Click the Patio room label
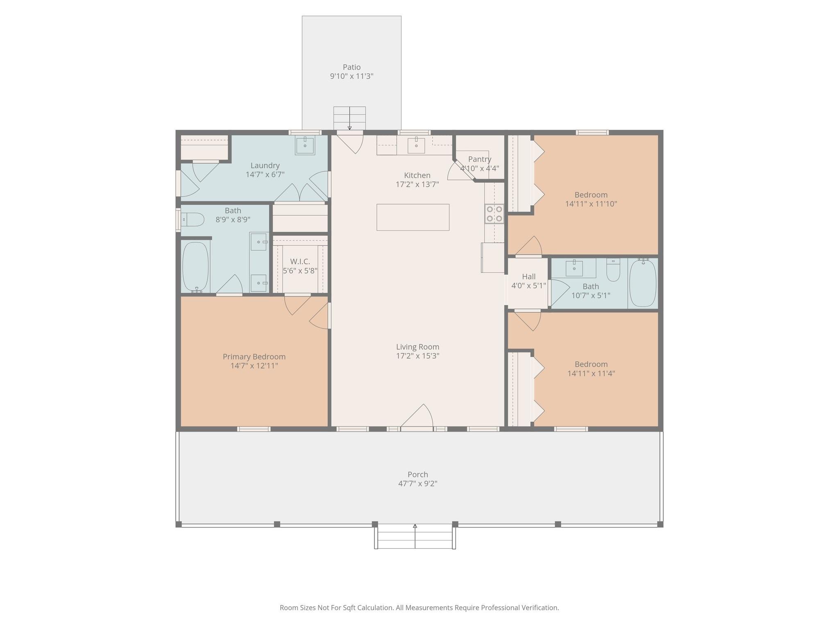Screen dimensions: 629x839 (x=351, y=67)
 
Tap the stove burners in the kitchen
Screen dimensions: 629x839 (x=494, y=214)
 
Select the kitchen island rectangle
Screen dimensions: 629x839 (x=413, y=217)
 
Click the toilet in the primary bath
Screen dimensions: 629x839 (x=193, y=219)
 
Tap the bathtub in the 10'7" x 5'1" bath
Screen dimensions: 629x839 (x=642, y=283)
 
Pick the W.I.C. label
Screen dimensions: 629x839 (x=300, y=261)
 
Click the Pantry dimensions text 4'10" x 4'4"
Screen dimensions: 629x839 (x=479, y=168)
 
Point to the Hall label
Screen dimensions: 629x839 (x=528, y=276)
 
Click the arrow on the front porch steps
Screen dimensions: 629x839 (x=415, y=527)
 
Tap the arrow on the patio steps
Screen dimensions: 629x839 (x=349, y=127)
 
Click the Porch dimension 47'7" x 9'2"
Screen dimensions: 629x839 (x=417, y=483)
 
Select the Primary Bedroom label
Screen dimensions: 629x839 (x=254, y=357)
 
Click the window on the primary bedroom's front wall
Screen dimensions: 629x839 (x=254, y=429)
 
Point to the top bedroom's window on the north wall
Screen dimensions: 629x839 (x=592, y=132)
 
